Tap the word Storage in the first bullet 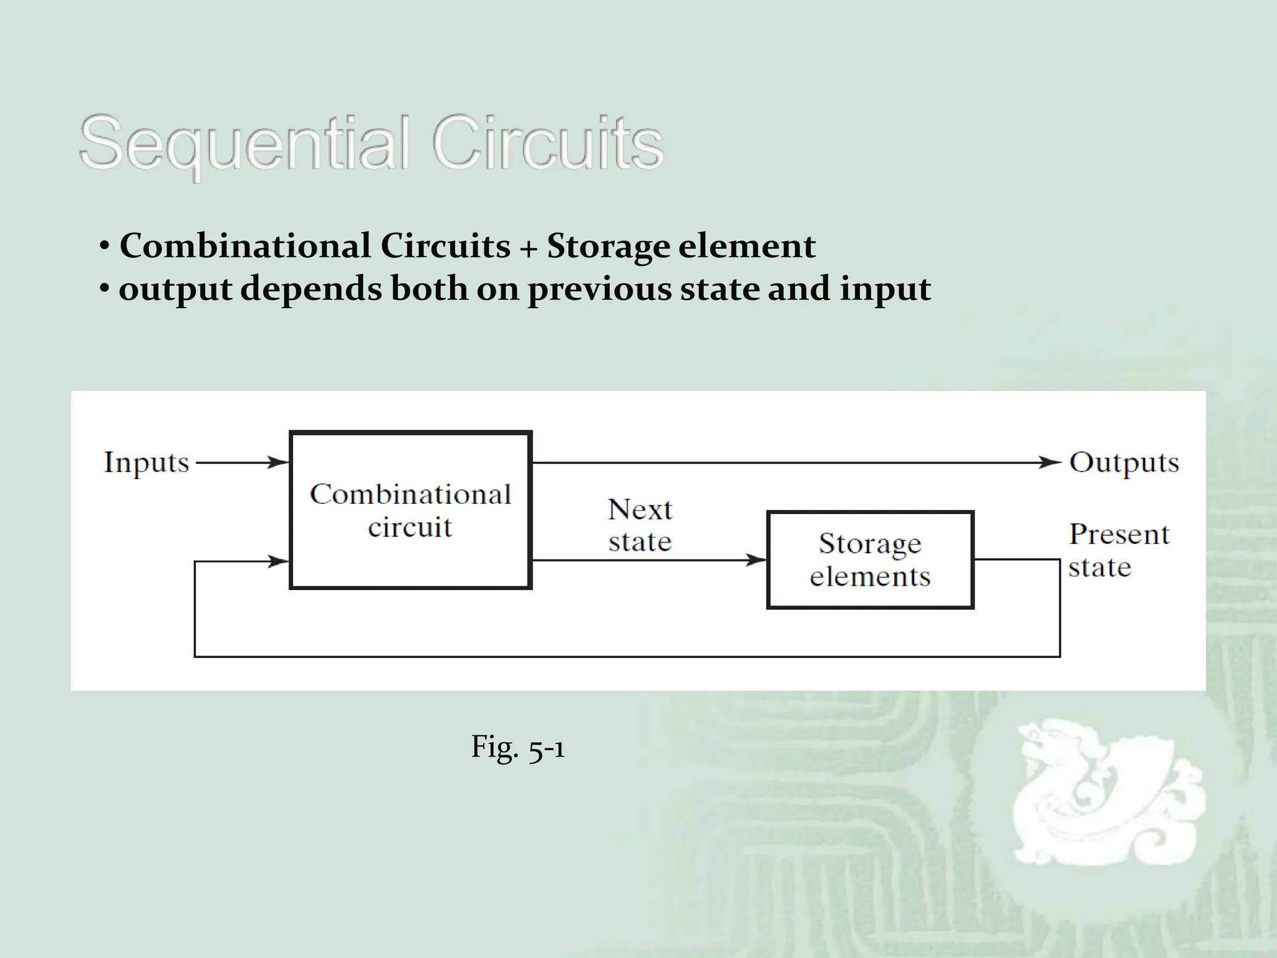point(608,246)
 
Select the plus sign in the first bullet point(528,248)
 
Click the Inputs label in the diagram point(147,463)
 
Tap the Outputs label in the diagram point(1124,463)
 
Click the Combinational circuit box point(410,510)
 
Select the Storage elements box point(870,559)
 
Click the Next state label point(640,525)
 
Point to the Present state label point(1118,550)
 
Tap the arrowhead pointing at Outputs point(1049,463)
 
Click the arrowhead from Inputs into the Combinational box point(279,463)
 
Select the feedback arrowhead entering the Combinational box point(279,561)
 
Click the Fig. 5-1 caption point(518,747)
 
